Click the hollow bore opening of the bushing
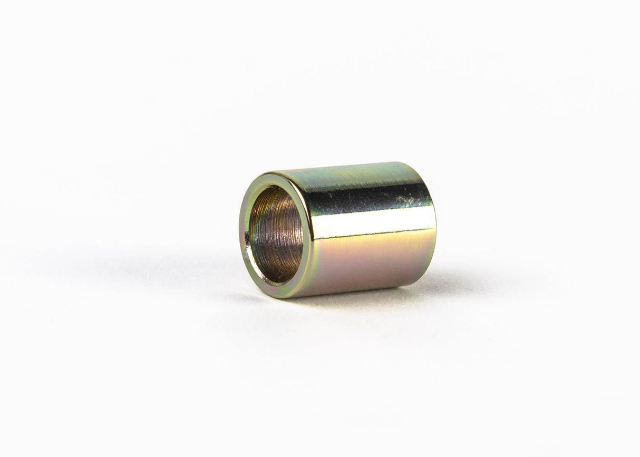(275, 235)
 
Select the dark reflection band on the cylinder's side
(369, 198)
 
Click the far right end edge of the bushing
(435, 227)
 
